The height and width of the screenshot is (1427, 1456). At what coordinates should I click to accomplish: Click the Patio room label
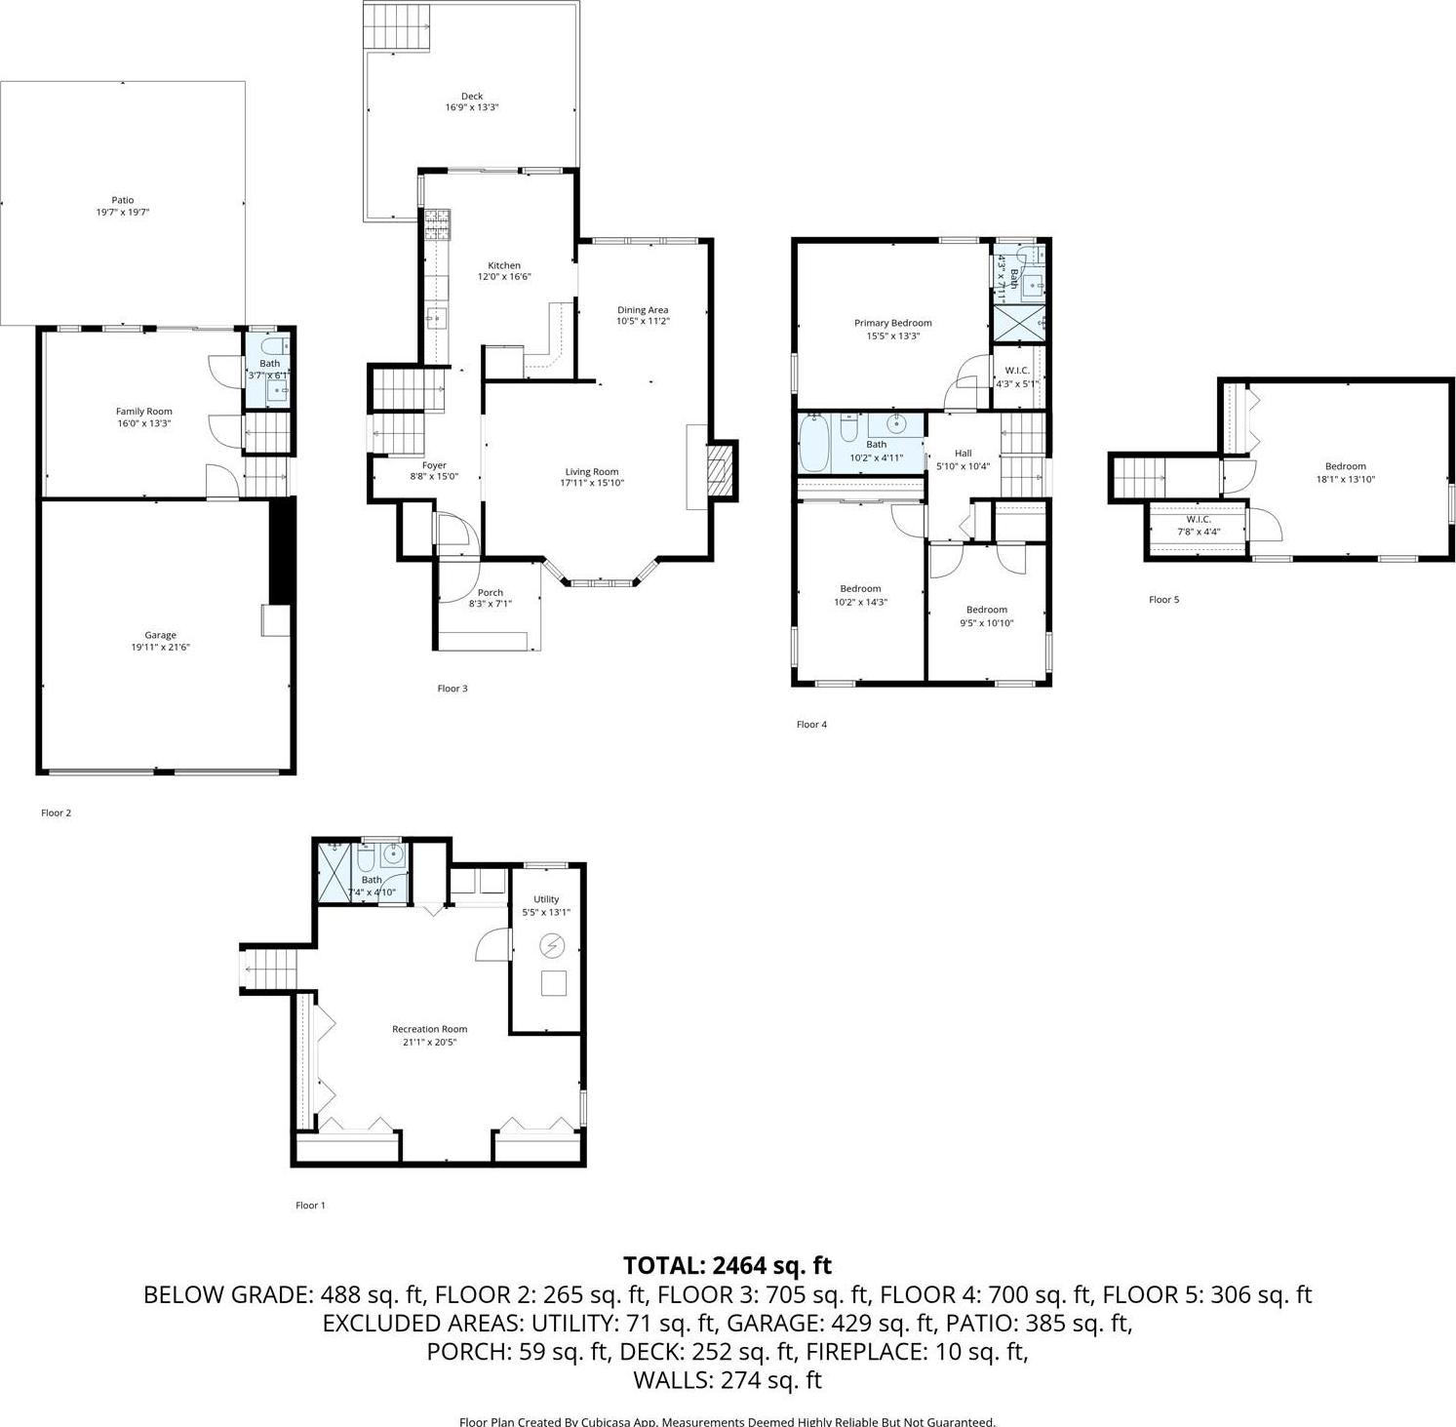[x=122, y=200]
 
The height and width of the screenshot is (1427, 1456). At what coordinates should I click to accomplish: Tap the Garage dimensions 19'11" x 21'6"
[x=160, y=647]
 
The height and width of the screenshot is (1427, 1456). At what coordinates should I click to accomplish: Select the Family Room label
[x=143, y=412]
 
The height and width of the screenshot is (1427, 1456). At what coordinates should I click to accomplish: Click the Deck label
[x=472, y=96]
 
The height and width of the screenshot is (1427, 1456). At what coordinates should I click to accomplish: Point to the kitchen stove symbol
[x=438, y=225]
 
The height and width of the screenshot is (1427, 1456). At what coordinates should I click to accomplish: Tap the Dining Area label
[x=643, y=310]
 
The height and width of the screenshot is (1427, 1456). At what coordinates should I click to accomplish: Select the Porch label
[x=491, y=592]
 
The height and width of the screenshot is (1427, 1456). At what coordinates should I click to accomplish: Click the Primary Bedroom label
[x=892, y=323]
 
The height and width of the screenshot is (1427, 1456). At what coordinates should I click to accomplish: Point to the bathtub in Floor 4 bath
[x=813, y=442]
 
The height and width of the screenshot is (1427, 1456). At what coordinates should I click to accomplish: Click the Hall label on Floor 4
[x=963, y=453]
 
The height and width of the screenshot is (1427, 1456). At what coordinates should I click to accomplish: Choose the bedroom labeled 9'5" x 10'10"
[x=986, y=616]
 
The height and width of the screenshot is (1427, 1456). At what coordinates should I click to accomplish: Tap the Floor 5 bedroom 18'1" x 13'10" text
[x=1345, y=480]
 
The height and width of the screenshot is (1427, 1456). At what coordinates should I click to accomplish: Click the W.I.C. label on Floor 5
[x=1198, y=519]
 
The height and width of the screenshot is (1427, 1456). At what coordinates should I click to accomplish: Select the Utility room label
[x=546, y=899]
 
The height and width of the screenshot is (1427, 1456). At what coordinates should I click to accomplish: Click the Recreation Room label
[x=429, y=1029]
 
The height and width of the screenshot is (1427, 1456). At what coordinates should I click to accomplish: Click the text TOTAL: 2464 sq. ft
[x=727, y=1266]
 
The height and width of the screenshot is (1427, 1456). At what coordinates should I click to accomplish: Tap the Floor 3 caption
[x=452, y=689]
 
